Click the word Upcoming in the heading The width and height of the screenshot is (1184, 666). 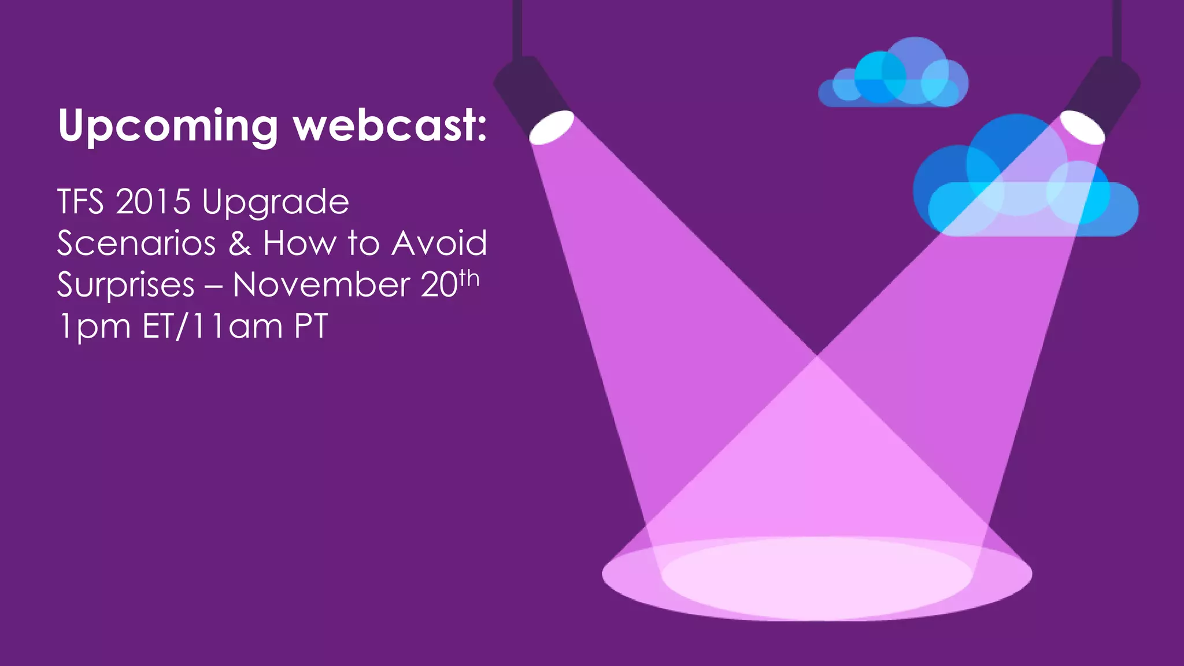168,126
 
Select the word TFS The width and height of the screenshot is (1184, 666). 80,202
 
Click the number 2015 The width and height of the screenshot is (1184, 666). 153,202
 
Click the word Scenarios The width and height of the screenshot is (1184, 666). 136,243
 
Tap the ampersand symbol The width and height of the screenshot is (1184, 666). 239,243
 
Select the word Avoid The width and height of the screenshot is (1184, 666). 439,243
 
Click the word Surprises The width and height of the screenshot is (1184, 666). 126,286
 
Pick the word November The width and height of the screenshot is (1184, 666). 321,285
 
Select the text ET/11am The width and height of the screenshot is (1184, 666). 212,326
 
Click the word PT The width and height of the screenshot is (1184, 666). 311,326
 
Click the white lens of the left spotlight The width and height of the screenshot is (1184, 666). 552,127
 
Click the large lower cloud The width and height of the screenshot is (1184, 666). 1023,185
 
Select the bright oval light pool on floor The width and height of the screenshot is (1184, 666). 816,578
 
